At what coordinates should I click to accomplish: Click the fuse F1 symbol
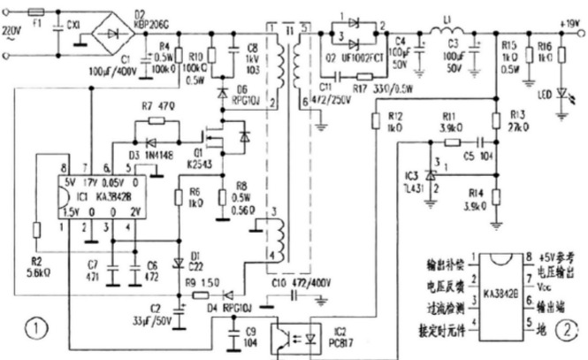point(36,13)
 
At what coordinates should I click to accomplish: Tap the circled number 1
point(36,330)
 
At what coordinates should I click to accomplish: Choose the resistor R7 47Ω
point(157,120)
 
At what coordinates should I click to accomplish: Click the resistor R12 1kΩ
point(375,119)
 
